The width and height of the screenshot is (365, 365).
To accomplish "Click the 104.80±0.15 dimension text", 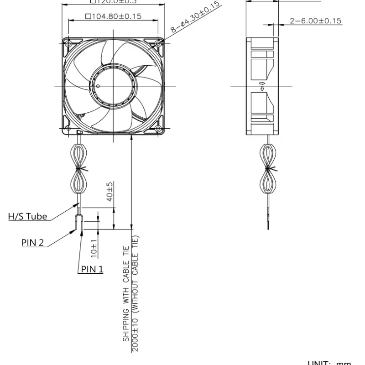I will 113,16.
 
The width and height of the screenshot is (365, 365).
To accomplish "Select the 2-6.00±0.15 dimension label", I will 315,21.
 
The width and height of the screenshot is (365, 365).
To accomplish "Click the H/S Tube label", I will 27,216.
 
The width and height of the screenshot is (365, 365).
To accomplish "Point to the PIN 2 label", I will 32,242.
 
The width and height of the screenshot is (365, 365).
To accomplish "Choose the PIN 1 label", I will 92,269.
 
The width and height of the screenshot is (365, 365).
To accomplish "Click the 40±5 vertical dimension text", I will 110,191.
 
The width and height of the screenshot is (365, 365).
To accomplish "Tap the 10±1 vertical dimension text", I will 94,246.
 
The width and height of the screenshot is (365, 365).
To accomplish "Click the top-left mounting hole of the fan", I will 68,43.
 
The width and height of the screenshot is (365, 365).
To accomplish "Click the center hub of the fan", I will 113,86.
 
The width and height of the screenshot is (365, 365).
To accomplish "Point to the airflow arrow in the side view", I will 262,85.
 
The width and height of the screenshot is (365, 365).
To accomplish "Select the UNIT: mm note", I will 329,363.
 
